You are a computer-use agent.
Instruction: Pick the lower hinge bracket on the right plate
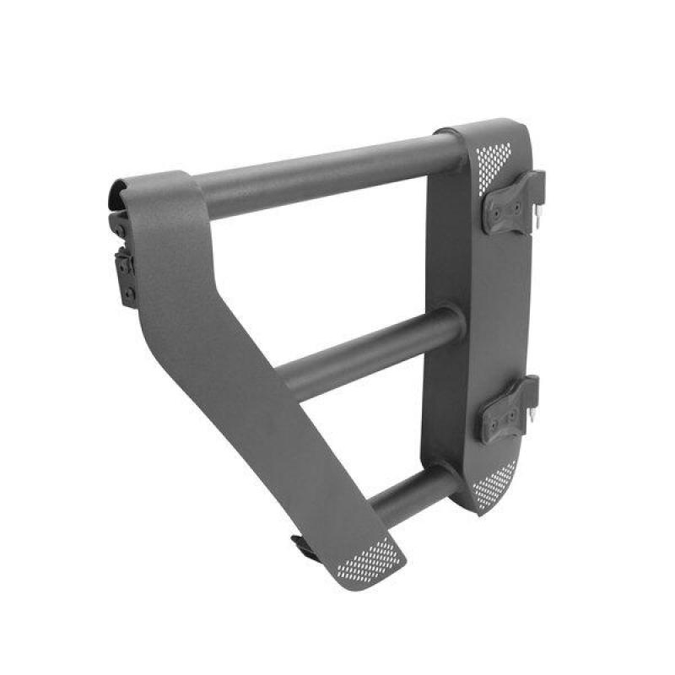point(510,412)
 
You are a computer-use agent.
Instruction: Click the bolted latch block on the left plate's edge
point(126,274)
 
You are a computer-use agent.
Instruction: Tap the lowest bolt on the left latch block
point(128,294)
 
